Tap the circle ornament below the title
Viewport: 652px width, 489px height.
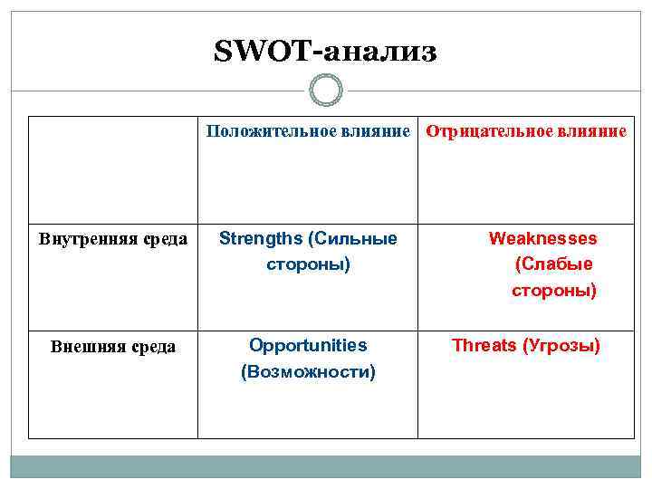coord(326,91)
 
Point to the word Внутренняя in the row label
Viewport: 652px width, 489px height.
coord(76,240)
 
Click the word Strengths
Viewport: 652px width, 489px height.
coord(261,239)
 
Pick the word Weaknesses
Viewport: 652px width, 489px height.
coord(542,239)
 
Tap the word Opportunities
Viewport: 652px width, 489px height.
coord(308,346)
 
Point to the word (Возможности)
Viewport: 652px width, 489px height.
coord(308,372)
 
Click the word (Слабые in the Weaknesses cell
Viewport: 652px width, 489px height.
coord(554,265)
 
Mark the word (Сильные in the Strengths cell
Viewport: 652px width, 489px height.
coord(352,239)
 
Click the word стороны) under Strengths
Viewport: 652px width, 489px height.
coord(308,265)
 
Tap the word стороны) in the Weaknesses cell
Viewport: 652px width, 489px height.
coord(554,292)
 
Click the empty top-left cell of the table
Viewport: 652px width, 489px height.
coord(113,169)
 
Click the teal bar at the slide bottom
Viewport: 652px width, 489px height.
coord(326,466)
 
